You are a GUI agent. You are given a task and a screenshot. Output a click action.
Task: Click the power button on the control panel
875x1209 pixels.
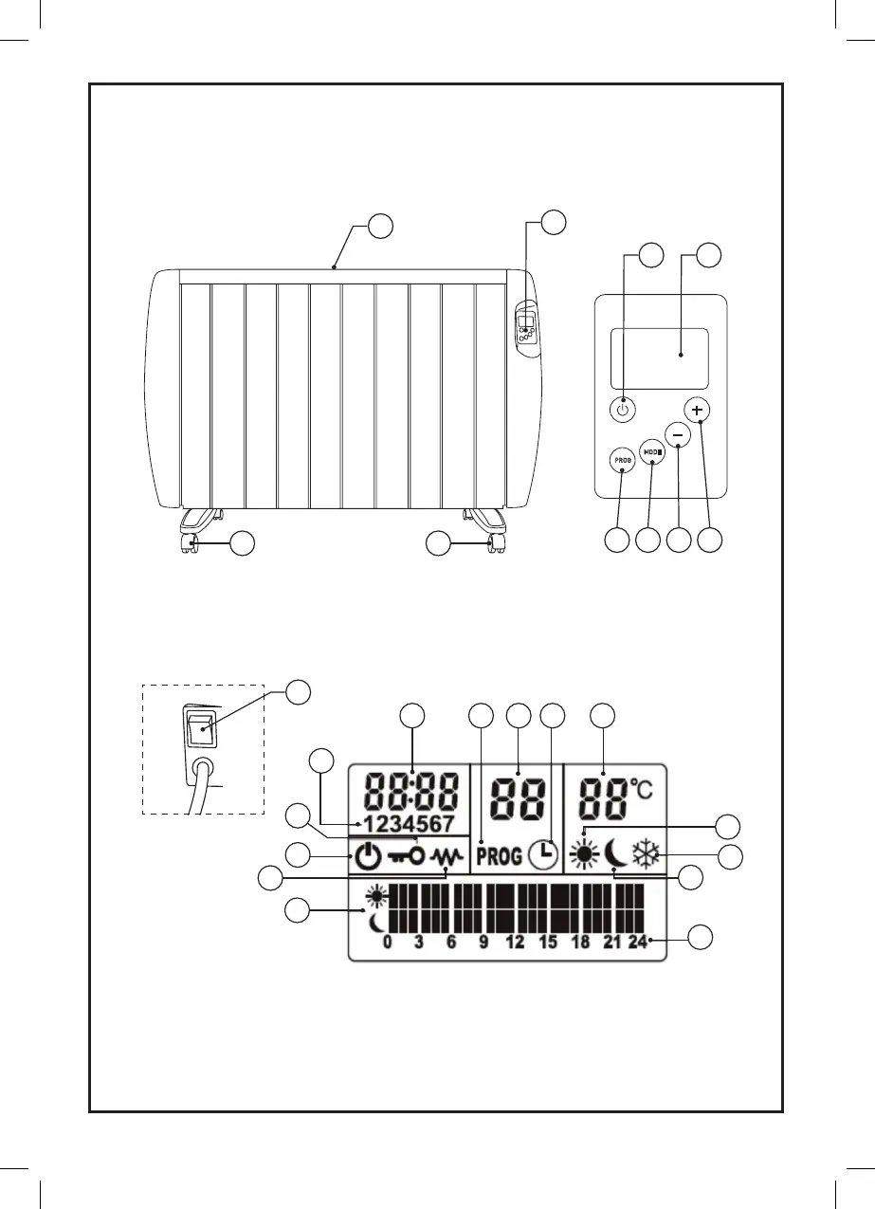pos(622,411)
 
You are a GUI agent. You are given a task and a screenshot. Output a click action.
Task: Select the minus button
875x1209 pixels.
pos(677,434)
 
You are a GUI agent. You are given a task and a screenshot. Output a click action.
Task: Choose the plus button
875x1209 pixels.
pos(699,411)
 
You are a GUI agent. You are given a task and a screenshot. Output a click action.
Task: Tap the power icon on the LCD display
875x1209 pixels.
pos(368,857)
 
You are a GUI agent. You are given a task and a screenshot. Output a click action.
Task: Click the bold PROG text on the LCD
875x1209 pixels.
pos(499,857)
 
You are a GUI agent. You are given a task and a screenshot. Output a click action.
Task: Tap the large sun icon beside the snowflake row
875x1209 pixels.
pos(584,856)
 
